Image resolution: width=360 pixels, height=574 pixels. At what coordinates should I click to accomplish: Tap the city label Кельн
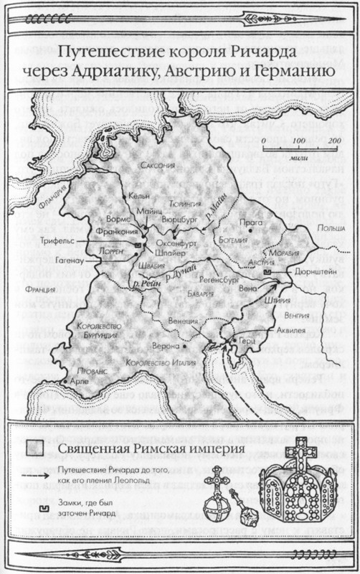pyautogui.click(x=138, y=194)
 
